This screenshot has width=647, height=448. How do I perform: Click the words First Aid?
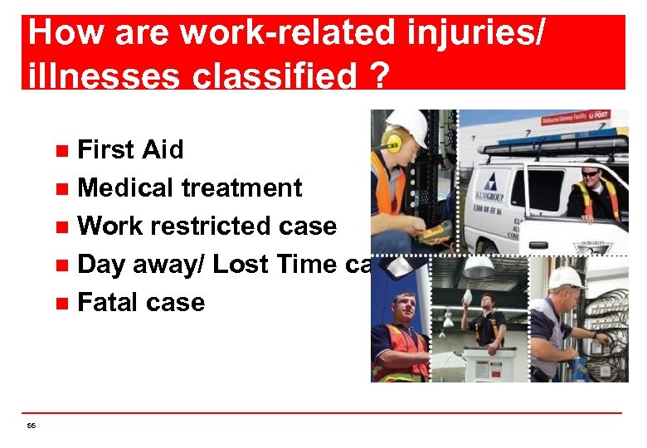129,150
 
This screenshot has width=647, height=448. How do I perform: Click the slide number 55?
31,426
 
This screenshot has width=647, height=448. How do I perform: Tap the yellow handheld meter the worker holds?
440,229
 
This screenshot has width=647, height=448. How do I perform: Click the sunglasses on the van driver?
591,173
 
